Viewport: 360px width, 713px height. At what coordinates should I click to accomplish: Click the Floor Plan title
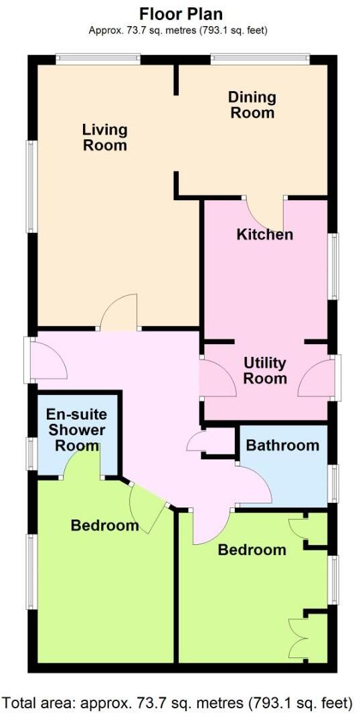pos(181,13)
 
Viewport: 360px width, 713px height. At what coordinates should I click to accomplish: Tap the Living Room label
pos(105,137)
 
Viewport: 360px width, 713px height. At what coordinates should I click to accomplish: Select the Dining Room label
pos(252,104)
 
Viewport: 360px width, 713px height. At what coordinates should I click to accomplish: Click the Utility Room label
pos(265,370)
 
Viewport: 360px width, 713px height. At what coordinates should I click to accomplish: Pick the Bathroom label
pos(282,445)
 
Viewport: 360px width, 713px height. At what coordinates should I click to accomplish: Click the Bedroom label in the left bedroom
pos(105,526)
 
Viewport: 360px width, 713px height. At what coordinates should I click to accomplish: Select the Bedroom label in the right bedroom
pos(252,550)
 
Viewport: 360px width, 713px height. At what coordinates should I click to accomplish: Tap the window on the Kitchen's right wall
pos(333,266)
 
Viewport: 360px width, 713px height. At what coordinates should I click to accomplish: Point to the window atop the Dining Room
pos(260,60)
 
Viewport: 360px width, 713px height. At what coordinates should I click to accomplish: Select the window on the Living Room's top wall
pos(98,60)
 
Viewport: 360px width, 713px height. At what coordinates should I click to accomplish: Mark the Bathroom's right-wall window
pos(333,482)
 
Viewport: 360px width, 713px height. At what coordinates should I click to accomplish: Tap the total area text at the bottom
pos(177,702)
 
